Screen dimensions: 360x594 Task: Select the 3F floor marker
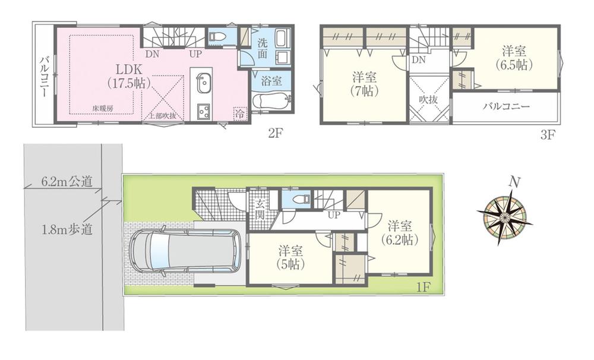pyautogui.click(x=547, y=134)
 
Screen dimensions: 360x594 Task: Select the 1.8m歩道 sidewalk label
pyautogui.click(x=68, y=230)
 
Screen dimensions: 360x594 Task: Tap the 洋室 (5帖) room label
pyautogui.click(x=288, y=258)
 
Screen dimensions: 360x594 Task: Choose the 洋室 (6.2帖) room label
pyautogui.click(x=399, y=233)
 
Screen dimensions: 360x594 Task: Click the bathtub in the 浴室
pyautogui.click(x=270, y=102)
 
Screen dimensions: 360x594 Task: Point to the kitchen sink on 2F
pyautogui.click(x=203, y=81)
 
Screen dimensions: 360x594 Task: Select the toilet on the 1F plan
pyautogui.click(x=293, y=201)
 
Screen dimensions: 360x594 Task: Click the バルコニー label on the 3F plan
pyautogui.click(x=506, y=108)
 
